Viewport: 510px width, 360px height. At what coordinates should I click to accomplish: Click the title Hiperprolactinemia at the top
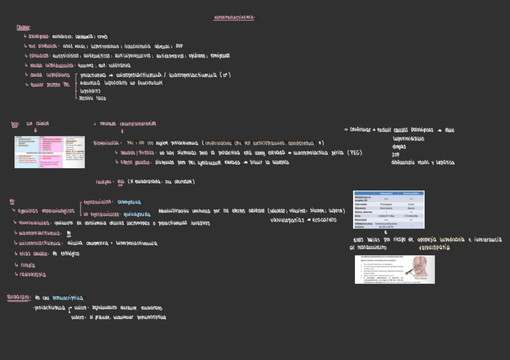coord(234,17)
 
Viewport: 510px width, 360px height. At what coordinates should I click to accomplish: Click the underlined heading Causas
coord(23,27)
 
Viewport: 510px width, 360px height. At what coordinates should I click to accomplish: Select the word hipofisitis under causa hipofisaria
coord(90,91)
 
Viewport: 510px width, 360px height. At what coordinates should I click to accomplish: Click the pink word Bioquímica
coord(106,143)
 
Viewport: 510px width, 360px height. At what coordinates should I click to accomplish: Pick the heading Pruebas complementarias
coord(127,124)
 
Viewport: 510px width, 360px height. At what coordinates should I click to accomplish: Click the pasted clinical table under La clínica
coord(49,151)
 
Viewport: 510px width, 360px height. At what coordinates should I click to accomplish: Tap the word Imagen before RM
coord(105,182)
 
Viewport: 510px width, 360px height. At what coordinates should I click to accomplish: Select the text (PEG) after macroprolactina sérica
coord(354,153)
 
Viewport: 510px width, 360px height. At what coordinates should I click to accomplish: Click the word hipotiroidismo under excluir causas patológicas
coord(408,138)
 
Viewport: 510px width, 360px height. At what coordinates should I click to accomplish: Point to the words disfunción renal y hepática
coord(423,162)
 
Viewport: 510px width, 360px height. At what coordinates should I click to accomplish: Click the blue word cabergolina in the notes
coord(129,202)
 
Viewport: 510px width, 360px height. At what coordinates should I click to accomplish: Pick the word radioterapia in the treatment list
coord(34,275)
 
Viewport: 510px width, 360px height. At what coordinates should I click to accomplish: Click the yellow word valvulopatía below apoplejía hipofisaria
coord(434,247)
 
